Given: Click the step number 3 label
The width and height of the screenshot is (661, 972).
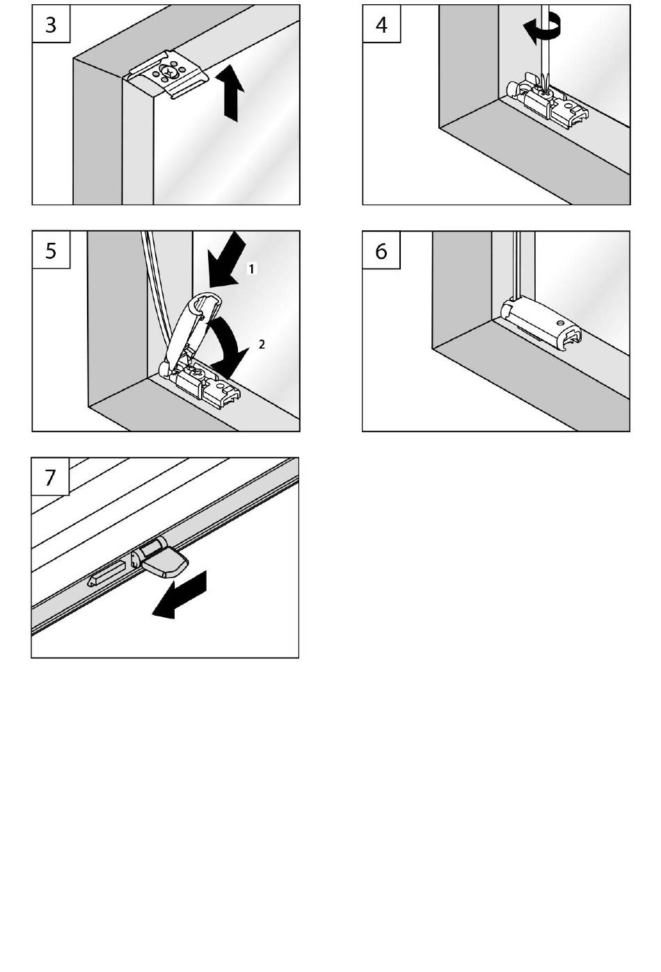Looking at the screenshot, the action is click(51, 24).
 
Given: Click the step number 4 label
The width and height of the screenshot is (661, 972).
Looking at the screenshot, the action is click(381, 24).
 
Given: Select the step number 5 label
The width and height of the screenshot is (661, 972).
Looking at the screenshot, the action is click(51, 250).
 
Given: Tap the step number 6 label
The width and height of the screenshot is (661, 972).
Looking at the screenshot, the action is click(381, 250).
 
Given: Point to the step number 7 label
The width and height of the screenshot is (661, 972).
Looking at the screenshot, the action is click(50, 477).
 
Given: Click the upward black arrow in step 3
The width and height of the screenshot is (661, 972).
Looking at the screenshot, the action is click(232, 95).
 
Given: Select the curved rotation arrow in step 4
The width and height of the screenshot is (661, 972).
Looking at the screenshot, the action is click(542, 30).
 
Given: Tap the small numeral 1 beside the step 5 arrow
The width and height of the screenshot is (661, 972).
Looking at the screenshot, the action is click(252, 268).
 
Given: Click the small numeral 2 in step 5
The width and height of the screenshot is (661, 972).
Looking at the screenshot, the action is click(262, 344).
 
